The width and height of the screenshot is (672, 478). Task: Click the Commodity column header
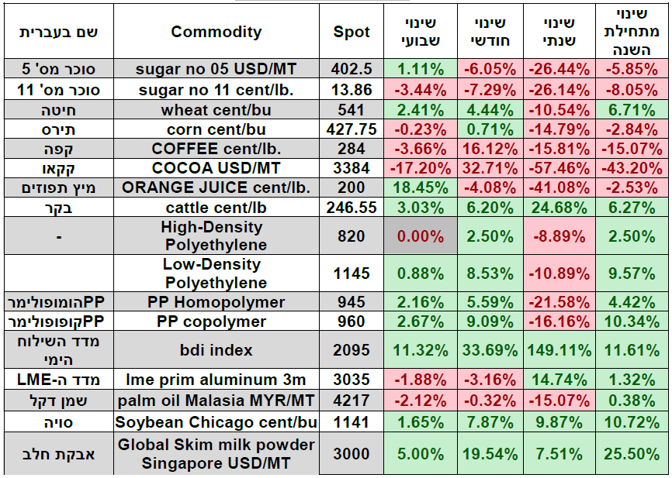(x=216, y=32)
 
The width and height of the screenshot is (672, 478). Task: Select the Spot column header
(x=352, y=32)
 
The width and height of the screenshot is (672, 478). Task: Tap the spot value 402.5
(x=352, y=69)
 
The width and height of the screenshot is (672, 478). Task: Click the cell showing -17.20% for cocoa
(x=420, y=167)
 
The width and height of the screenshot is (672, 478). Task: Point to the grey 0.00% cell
(x=420, y=236)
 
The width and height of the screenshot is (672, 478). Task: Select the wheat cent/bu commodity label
(x=216, y=109)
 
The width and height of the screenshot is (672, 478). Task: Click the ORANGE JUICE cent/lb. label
(x=216, y=187)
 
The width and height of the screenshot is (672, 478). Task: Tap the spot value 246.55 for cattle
(x=352, y=207)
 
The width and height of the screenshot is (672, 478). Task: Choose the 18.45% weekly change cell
(x=420, y=187)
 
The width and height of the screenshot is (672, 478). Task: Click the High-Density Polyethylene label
(x=216, y=236)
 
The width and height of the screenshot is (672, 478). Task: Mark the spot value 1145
(x=352, y=273)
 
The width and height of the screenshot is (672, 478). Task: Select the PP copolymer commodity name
(x=216, y=322)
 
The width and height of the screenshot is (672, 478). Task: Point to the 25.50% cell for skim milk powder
(x=627, y=454)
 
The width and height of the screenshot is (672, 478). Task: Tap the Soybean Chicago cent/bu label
(x=216, y=422)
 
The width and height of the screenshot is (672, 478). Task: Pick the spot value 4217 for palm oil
(x=352, y=401)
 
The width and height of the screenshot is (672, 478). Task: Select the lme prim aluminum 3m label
(x=216, y=380)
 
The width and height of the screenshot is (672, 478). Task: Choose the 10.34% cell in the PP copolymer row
(x=627, y=322)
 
